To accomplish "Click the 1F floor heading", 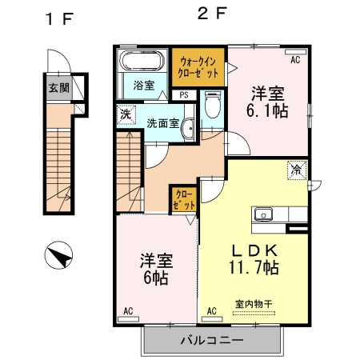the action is point(59,19).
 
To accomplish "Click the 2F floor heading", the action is point(212,14).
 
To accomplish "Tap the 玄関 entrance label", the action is point(59,88).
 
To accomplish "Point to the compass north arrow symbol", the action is point(58,255).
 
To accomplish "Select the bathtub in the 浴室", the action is point(142,61).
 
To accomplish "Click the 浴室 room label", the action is point(144,86).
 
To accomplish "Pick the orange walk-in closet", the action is point(198,67).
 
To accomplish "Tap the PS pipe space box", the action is point(184,95).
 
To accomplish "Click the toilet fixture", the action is point(213,105).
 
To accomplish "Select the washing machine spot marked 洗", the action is point(126,114).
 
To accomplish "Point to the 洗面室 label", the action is point(163,123).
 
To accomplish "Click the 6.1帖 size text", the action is point(267,110).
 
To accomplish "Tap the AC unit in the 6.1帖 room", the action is point(295,52).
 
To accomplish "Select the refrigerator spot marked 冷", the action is point(297,170).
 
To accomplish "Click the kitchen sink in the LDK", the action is point(263,214).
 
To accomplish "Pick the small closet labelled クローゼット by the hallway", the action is point(184,199).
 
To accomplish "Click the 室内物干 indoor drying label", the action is point(254,304).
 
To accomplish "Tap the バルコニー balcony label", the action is point(212,340).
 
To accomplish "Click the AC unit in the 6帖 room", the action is point(128,319).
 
